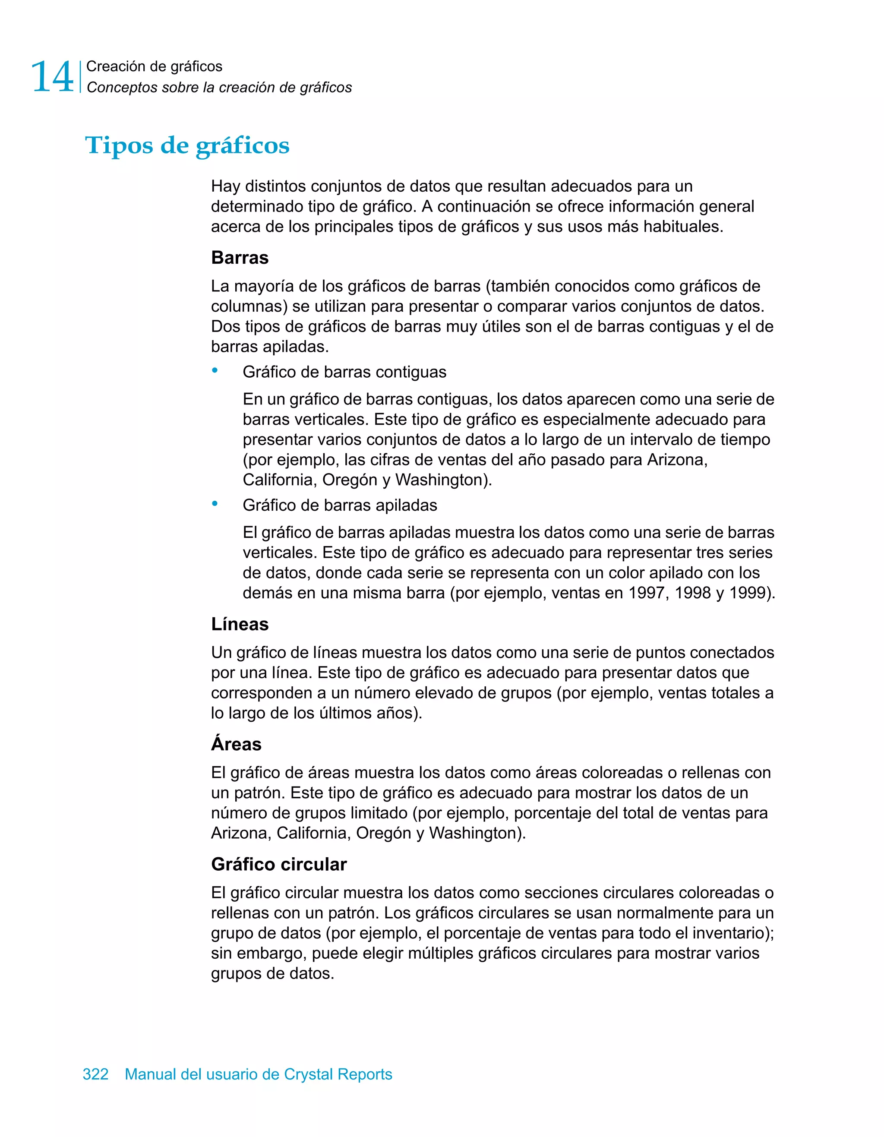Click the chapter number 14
coord(52,77)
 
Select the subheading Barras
coord(240,258)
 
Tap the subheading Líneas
coord(240,624)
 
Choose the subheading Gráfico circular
coord(278,864)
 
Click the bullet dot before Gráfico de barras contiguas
coord(215,371)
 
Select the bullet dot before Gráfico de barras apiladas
coord(215,504)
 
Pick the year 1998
coord(692,593)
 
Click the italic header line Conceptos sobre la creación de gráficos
coord(219,88)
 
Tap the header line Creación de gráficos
coord(154,66)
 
